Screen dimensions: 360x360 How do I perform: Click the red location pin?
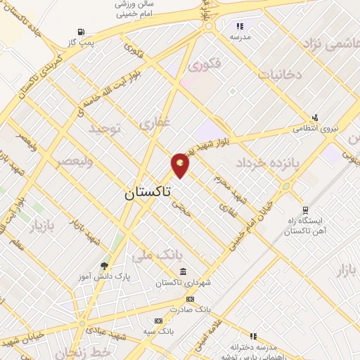coord(181,165)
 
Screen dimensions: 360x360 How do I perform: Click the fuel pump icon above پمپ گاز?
coord(82,32)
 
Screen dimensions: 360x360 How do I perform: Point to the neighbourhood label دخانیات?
coord(280,73)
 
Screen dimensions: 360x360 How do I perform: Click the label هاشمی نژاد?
coord(330,44)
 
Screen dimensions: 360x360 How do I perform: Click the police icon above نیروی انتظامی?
coord(315,117)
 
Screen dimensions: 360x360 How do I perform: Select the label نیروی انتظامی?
coord(315,129)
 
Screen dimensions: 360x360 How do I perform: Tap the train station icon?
coord(304,210)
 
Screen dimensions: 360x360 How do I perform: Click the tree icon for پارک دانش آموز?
coord(105,265)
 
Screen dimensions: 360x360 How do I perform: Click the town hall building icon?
coord(183,272)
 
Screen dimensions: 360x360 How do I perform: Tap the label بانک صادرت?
coord(194,309)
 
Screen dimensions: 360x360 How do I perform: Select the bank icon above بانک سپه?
coord(160,321)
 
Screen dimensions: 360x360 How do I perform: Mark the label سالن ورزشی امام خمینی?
coord(137,8)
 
